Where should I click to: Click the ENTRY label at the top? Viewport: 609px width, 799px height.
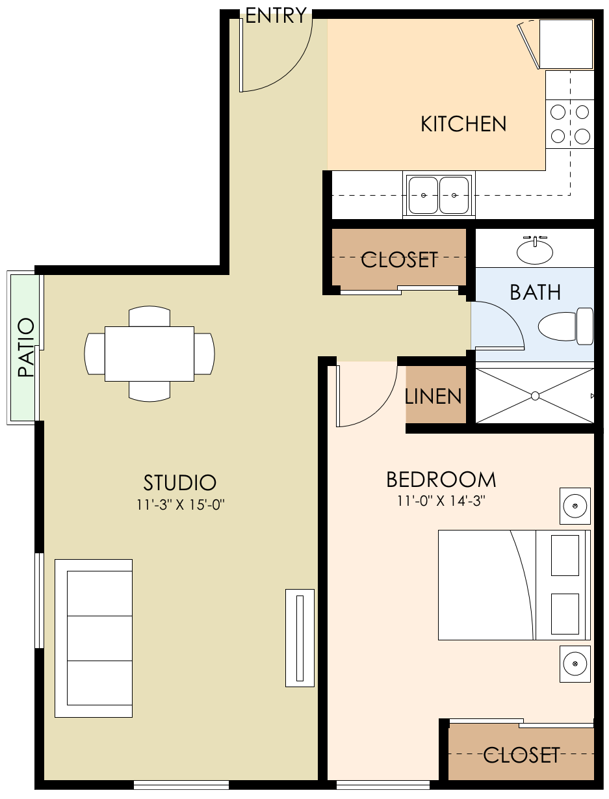(276, 16)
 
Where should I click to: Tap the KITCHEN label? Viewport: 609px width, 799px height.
(463, 124)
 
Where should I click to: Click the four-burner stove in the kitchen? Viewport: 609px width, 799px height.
(570, 124)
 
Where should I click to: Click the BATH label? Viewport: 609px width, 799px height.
(535, 293)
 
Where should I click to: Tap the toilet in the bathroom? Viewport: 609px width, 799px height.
(565, 326)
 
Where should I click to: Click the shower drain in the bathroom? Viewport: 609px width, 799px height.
(535, 395)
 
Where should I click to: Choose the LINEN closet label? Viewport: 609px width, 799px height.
(434, 396)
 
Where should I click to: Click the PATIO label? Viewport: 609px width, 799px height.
(25, 348)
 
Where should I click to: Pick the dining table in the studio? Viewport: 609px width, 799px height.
(149, 354)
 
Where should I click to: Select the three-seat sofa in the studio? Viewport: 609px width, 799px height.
(94, 638)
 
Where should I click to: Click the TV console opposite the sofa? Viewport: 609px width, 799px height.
(300, 638)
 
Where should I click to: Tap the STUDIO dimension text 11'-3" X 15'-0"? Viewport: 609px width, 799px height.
(179, 503)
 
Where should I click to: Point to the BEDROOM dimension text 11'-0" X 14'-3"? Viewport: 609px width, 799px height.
(441, 501)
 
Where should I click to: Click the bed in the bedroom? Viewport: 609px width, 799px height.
(513, 584)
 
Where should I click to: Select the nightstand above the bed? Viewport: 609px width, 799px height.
(575, 506)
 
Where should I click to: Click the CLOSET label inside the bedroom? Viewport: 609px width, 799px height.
(521, 755)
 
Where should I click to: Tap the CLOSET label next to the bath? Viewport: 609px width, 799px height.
(399, 259)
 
